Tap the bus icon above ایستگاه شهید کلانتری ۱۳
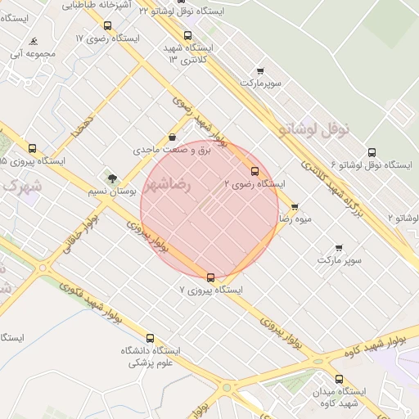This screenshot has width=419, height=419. point(188,36)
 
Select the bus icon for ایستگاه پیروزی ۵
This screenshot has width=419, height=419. point(32,149)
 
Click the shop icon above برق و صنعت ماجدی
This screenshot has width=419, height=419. point(172,137)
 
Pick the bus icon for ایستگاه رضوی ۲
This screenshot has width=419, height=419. point(255,171)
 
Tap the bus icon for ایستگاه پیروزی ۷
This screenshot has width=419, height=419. point(211,277)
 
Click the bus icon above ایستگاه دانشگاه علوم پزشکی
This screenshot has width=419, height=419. point(150,338)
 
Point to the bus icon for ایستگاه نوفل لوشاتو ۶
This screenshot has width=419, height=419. point(372,152)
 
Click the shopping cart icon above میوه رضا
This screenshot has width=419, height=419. point(295,206)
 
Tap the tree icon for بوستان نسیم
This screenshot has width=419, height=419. point(112,178)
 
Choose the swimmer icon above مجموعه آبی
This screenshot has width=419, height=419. point(33,42)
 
